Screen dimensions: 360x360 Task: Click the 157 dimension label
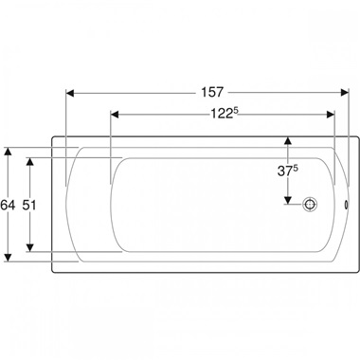coord(212,92)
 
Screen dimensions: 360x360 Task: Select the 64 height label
coord(8,206)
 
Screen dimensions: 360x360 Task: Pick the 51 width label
coord(29,206)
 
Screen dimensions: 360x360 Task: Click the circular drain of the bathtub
coord(310,205)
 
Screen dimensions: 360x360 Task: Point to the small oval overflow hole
coord(347,205)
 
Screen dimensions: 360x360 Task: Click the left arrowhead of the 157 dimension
coord(70,93)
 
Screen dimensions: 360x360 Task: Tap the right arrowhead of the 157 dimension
coord(345,93)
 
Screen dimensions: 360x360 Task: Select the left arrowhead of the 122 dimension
coord(115,115)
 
